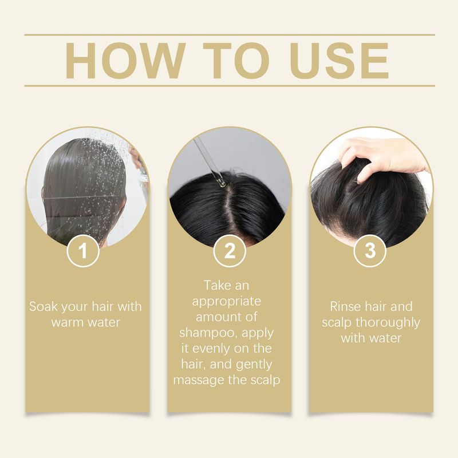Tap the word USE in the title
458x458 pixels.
pos(339,61)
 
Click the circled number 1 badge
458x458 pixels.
pos(83,251)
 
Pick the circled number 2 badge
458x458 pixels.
pos(230,251)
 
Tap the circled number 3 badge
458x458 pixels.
pos(370,251)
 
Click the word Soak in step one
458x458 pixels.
pos(42,306)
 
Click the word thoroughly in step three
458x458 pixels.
pos(388,323)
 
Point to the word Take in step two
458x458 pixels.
pos(216,285)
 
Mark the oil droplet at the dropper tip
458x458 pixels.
pos(221,183)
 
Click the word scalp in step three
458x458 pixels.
pos(337,323)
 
